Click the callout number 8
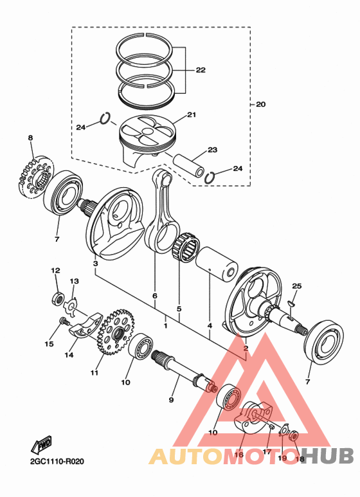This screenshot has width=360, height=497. [x=30, y=138]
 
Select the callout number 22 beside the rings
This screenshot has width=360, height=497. [x=201, y=70]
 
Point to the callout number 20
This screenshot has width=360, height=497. [x=260, y=104]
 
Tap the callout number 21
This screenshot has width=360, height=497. [x=191, y=115]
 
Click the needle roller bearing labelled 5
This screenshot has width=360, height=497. [x=184, y=246]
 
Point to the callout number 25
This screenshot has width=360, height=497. [x=296, y=285]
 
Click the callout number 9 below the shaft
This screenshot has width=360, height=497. [x=172, y=400]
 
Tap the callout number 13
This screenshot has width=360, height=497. [x=75, y=282]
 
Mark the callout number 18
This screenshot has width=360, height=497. [x=299, y=458]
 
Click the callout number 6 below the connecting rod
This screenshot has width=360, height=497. [x=154, y=295]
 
